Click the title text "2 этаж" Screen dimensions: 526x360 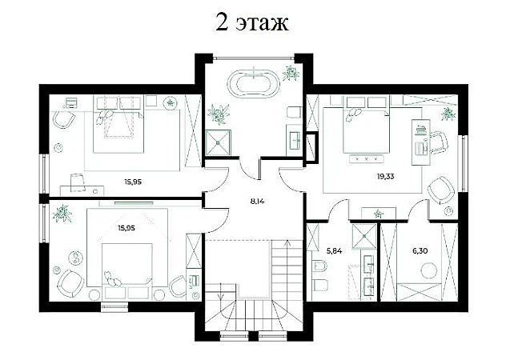pyautogui.click(x=251, y=22)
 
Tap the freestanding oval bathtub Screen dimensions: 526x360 pyautogui.click(x=254, y=84)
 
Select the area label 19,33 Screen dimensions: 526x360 pyautogui.click(x=385, y=176)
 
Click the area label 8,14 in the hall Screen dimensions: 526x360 pyautogui.click(x=257, y=202)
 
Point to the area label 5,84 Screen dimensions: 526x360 pyautogui.click(x=335, y=250)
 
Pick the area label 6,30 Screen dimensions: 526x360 pyautogui.click(x=420, y=250)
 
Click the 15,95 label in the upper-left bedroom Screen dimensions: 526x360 pyautogui.click(x=133, y=182)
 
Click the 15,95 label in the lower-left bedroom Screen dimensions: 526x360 pyautogui.click(x=126, y=228)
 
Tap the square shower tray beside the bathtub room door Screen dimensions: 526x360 pyautogui.click(x=218, y=143)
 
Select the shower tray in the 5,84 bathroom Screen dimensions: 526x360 pyautogui.click(x=364, y=237)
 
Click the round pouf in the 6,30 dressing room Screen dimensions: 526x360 pyautogui.click(x=429, y=270)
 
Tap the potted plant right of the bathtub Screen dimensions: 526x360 pyautogui.click(x=291, y=73)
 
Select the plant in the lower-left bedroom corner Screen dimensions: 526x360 pyautogui.click(x=62, y=213)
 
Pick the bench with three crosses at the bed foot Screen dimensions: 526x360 pyautogui.click(x=367, y=158)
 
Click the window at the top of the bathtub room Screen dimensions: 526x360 pyautogui.click(x=254, y=58)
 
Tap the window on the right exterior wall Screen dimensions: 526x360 pyautogui.click(x=463, y=163)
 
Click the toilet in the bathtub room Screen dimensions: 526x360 pyautogui.click(x=295, y=112)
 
